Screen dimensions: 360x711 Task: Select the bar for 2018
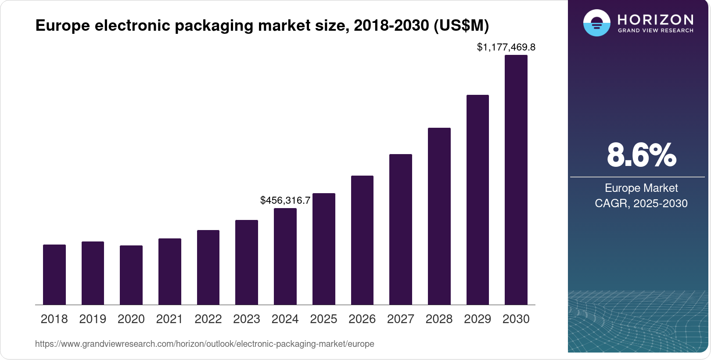click(x=54, y=274)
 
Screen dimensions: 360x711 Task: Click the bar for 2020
click(x=131, y=275)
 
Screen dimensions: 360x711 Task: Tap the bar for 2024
click(x=285, y=256)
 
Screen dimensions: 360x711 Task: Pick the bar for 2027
click(x=401, y=229)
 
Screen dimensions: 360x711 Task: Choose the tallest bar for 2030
click(x=516, y=180)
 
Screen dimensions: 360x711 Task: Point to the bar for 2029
click(x=478, y=200)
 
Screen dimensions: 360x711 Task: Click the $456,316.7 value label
click(x=285, y=201)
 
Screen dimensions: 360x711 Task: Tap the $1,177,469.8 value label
click(x=506, y=47)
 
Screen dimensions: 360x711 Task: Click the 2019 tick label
click(x=93, y=319)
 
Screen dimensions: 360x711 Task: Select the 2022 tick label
click(x=208, y=319)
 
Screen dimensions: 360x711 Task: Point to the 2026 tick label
click(x=362, y=319)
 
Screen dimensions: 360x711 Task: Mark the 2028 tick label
click(x=439, y=319)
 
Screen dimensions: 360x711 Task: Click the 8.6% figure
click(x=641, y=155)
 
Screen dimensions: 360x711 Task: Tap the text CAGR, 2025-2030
click(x=641, y=203)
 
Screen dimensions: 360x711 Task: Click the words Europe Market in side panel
click(x=641, y=188)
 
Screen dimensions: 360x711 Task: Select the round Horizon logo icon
click(x=596, y=23)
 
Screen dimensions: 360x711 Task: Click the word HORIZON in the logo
click(x=655, y=19)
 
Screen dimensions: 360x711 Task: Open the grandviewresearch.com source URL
click(x=205, y=344)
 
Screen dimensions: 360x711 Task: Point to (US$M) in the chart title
click(x=461, y=25)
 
